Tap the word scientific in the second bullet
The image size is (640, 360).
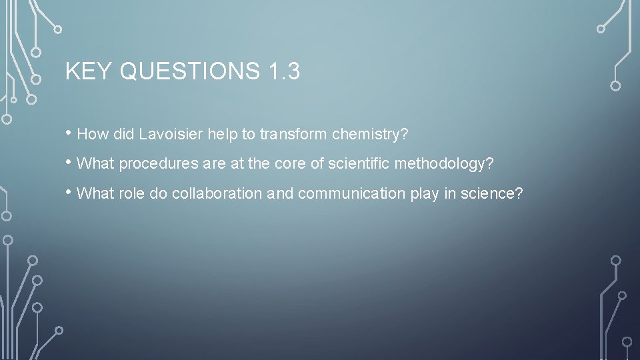361,163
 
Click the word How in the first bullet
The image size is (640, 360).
93,134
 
